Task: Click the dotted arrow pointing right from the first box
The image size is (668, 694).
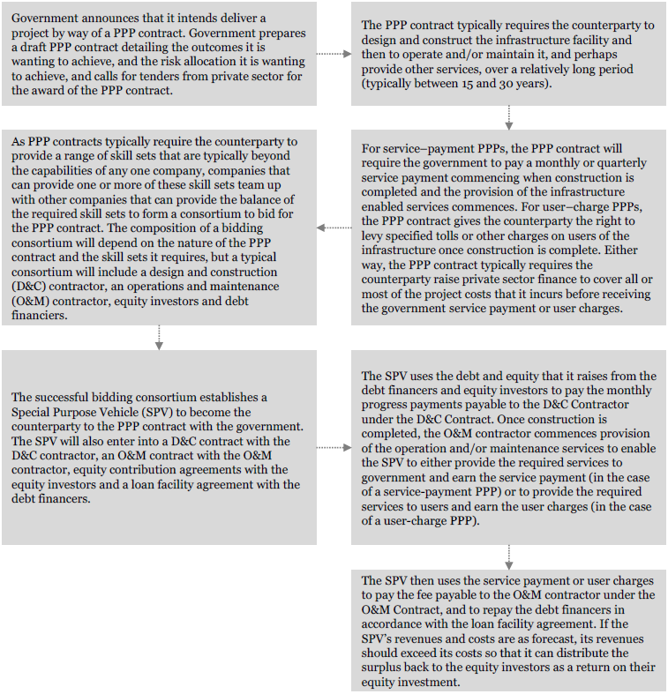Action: pyautogui.click(x=333, y=54)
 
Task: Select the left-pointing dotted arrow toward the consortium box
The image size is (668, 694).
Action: pyautogui.click(x=333, y=228)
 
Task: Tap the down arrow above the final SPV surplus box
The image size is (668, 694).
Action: pyautogui.click(x=509, y=556)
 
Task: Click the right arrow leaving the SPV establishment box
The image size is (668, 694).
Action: pyautogui.click(x=333, y=447)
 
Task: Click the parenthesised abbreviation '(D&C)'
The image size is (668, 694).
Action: pyautogui.click(x=30, y=287)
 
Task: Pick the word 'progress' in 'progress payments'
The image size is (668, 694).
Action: pyautogui.click(x=387, y=406)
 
